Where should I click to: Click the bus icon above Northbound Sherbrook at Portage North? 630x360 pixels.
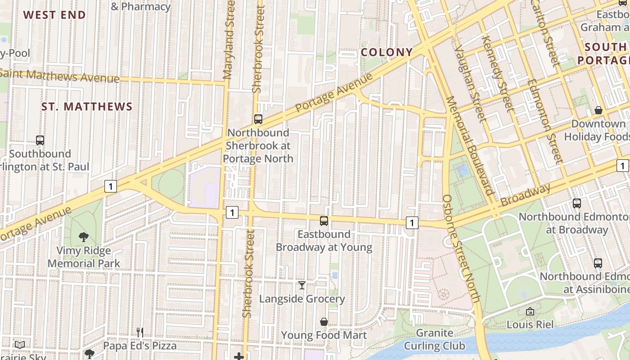tap(258, 119)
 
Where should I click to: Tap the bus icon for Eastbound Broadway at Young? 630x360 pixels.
tap(324, 221)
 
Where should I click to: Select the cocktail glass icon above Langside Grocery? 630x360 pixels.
tap(302, 285)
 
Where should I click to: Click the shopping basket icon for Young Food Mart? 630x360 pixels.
tap(324, 322)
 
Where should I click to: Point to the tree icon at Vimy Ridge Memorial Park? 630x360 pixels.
tap(83, 237)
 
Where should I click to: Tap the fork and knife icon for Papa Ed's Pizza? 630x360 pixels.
tap(140, 333)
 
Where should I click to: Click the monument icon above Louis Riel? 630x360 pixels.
tap(530, 311)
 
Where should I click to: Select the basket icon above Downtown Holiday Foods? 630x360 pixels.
tap(598, 110)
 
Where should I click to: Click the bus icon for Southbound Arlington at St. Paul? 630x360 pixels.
tap(40, 140)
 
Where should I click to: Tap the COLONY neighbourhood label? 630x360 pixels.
tap(387, 52)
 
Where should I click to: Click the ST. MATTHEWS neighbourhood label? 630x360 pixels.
tap(87, 107)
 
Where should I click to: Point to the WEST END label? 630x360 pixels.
tap(54, 15)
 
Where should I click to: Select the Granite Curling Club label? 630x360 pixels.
tap(434, 339)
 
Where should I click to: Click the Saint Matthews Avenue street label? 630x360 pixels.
tap(61, 76)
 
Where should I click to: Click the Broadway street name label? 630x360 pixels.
tap(525, 195)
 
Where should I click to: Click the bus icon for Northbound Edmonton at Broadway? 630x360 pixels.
tap(577, 203)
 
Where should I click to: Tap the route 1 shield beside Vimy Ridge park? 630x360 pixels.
tap(111, 186)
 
